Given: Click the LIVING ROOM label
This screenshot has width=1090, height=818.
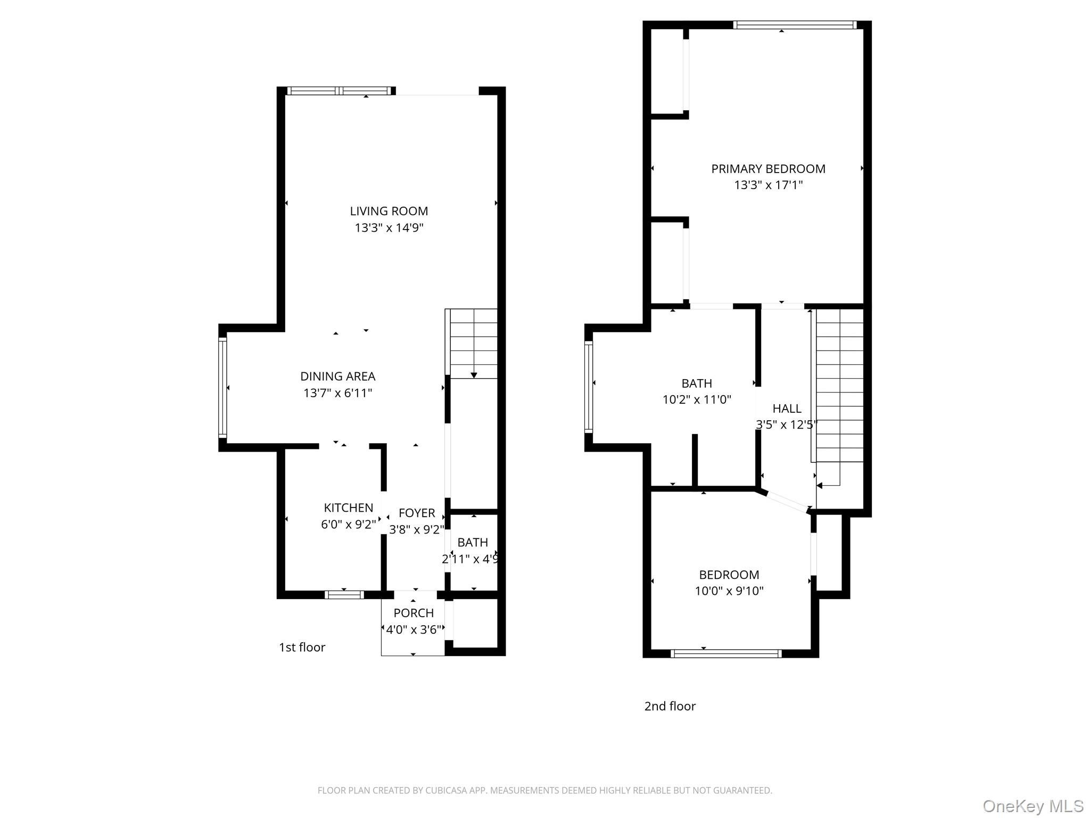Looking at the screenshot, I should [389, 211].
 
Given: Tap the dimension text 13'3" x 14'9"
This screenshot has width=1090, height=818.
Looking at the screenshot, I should [389, 228].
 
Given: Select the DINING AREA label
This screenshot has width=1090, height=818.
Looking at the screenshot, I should [337, 377].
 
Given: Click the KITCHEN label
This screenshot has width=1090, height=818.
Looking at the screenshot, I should [349, 508].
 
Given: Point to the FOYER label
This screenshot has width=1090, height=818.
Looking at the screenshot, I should [417, 513].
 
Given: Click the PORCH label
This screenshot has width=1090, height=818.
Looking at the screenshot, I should [414, 613].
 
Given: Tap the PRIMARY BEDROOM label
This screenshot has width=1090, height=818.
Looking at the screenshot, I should [768, 169].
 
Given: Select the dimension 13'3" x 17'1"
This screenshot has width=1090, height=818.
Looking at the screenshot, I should [768, 185].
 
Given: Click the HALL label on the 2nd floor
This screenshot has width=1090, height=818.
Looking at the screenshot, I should [787, 408].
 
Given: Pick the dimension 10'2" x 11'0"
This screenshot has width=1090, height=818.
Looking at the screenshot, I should [697, 399].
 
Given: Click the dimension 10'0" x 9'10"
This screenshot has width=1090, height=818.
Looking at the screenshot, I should [729, 591].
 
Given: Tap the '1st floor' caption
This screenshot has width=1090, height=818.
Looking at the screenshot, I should [302, 648].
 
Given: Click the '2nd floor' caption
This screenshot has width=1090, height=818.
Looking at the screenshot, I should [670, 706].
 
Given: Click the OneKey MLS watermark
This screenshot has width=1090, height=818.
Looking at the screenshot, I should [1033, 806].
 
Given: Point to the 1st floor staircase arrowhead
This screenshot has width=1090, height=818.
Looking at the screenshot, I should [474, 375].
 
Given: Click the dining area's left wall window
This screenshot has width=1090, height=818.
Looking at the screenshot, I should [222, 388].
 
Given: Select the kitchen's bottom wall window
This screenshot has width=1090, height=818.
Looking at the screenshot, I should [344, 595].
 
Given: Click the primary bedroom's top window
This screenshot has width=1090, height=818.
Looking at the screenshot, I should [794, 25].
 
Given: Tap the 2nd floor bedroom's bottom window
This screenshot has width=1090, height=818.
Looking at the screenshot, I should [726, 653].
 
